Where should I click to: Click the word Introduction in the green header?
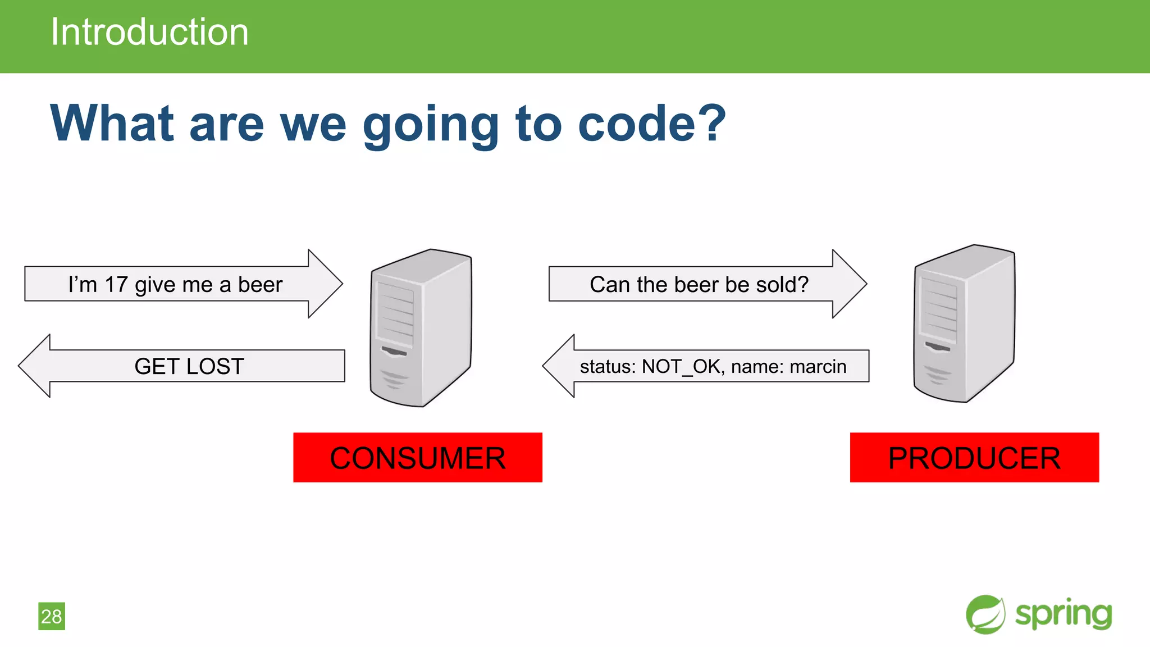coord(149,32)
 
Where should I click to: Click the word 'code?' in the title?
coord(651,124)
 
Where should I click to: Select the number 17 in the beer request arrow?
coord(116,285)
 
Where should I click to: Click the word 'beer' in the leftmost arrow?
coord(260,285)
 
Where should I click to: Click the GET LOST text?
coord(189,367)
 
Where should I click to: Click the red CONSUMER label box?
coord(417,458)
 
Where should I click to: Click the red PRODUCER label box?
coord(974,458)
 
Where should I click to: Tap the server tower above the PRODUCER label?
coord(964,325)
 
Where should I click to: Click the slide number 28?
coord(52,617)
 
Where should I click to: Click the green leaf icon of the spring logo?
coord(985,614)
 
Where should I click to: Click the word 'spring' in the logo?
coord(1063,614)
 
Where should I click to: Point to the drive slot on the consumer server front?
coord(394,352)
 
